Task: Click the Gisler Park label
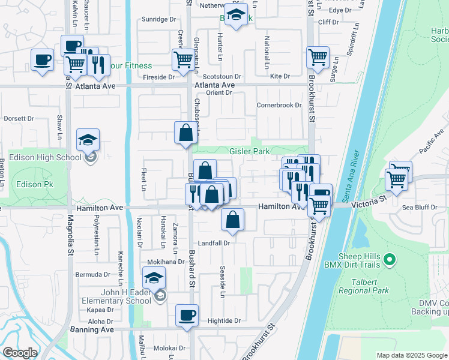click(249, 152)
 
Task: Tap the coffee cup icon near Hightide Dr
click(187, 315)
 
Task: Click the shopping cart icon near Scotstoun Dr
click(182, 59)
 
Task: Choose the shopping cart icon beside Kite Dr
click(318, 58)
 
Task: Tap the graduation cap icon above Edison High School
click(88, 140)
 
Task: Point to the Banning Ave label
click(94, 330)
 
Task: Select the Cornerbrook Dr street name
click(278, 105)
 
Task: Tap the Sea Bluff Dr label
click(418, 207)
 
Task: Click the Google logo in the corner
click(20, 353)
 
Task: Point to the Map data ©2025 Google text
click(411, 355)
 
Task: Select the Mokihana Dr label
click(166, 262)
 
